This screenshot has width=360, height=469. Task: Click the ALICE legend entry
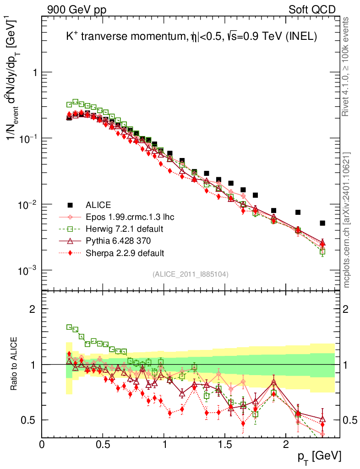pyautogui.click(x=98, y=205)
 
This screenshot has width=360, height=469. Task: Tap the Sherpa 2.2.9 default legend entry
pyautogui.click(x=125, y=252)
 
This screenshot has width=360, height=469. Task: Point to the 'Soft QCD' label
pyautogui.click(x=312, y=10)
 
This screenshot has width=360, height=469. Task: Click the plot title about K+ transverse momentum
pyautogui.click(x=191, y=38)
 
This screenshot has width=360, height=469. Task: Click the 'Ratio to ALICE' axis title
pyautogui.click(x=15, y=364)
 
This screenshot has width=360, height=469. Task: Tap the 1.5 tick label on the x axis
pyautogui.click(x=224, y=445)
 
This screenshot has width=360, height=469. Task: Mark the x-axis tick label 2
pyautogui.click(x=285, y=445)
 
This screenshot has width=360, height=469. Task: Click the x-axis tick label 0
pyautogui.click(x=42, y=445)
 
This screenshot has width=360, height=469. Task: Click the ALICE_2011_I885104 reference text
pyautogui.click(x=191, y=274)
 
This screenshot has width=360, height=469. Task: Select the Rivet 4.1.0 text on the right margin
pyautogui.click(x=347, y=66)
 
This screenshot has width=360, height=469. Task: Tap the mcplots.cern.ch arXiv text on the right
pyautogui.click(x=347, y=220)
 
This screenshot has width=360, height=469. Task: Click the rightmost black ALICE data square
pyautogui.click(x=322, y=223)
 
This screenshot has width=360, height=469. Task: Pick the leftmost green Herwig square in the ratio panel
pyautogui.click(x=70, y=327)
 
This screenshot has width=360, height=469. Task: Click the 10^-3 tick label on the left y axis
pyautogui.click(x=27, y=270)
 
